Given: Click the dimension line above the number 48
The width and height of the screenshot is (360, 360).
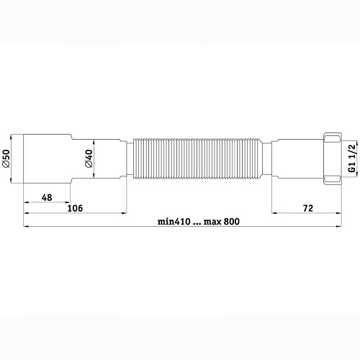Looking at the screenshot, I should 48,202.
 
